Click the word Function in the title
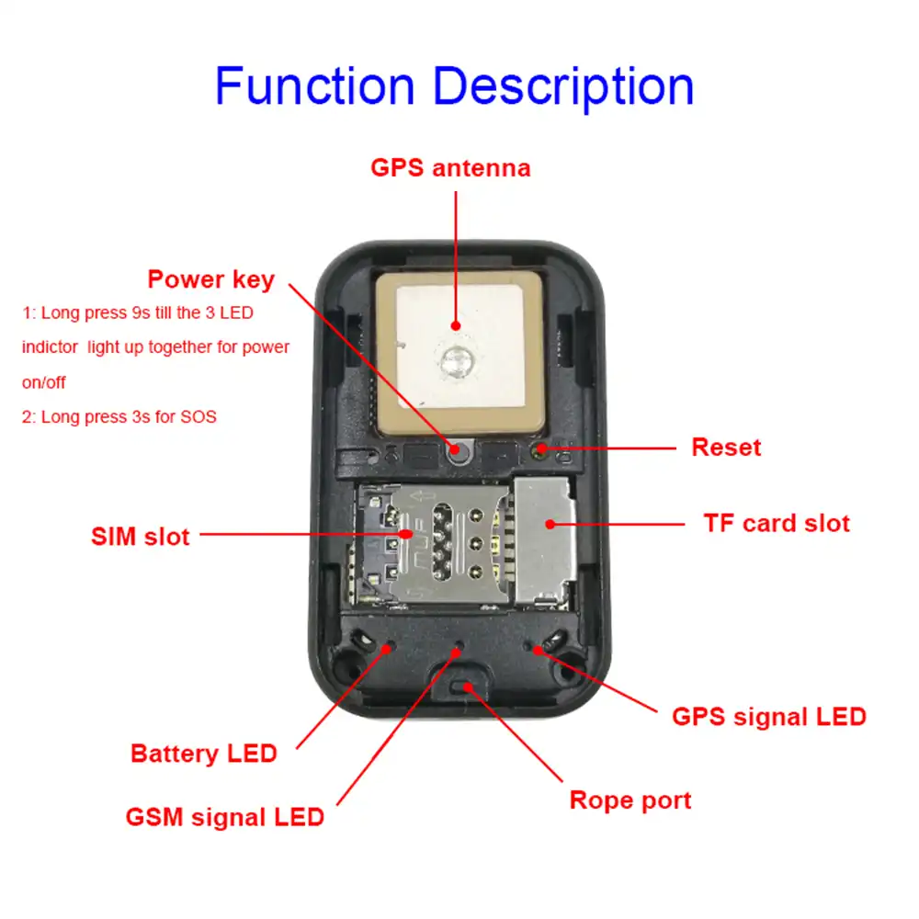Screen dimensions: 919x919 (x=314, y=85)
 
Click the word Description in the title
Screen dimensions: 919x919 (x=563, y=87)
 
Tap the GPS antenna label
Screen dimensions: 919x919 (x=450, y=168)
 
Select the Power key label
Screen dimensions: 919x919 (x=210, y=279)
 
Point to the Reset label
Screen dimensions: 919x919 (x=726, y=448)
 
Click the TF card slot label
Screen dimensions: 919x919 (x=777, y=524)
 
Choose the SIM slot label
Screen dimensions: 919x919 (x=141, y=536)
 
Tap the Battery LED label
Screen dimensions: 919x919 (x=203, y=754)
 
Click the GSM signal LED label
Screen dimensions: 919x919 (x=224, y=816)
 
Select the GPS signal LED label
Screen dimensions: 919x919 (x=769, y=717)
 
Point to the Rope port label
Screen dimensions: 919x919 (x=630, y=800)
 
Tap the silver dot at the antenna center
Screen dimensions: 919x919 (x=455, y=359)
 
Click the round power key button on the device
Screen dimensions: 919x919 (x=456, y=449)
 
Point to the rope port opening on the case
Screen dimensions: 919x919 (x=466, y=688)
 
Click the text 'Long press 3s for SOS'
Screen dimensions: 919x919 (x=119, y=416)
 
